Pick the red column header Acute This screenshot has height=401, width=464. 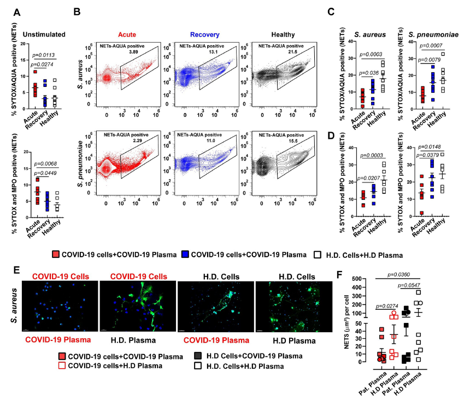pos(127,32)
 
